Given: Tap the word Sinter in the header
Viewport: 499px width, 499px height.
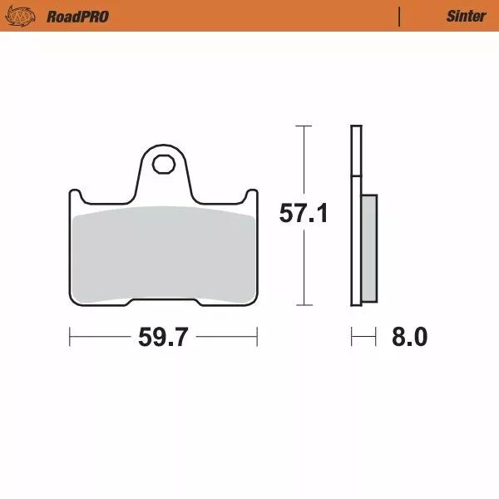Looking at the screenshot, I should point(466,16).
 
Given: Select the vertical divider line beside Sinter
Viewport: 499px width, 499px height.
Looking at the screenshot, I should point(400,16).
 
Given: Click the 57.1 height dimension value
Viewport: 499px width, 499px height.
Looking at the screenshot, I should point(303,215).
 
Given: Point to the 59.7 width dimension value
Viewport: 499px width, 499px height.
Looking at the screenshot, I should point(161,338).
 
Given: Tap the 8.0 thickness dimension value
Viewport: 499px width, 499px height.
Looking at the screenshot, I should point(408,338).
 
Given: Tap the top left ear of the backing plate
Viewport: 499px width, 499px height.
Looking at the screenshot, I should point(74,196).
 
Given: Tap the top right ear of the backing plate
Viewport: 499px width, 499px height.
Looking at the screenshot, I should point(250,196).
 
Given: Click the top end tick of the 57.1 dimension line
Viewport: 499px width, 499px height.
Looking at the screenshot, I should point(304,126).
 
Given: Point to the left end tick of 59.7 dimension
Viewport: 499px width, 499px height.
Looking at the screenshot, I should point(70,338).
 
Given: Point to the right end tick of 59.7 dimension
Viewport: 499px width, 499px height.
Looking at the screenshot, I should point(256,338).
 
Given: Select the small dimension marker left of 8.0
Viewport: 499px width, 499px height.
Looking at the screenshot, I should point(359,338).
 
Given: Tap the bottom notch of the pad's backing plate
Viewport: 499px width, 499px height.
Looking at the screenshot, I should point(162,303).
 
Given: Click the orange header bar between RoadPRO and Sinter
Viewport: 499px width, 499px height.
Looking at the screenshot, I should point(249,16).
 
